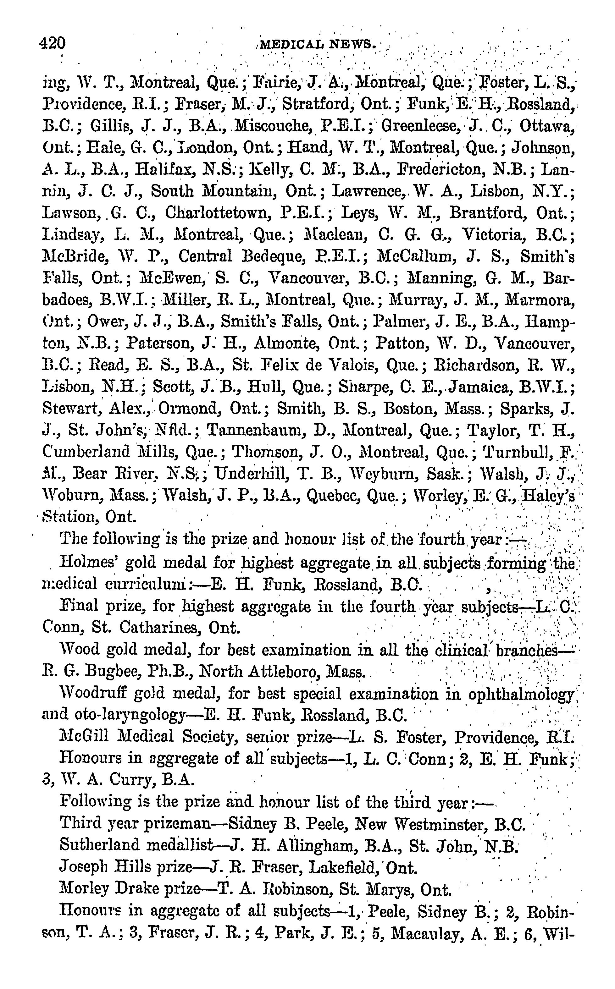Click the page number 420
tap(53, 43)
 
